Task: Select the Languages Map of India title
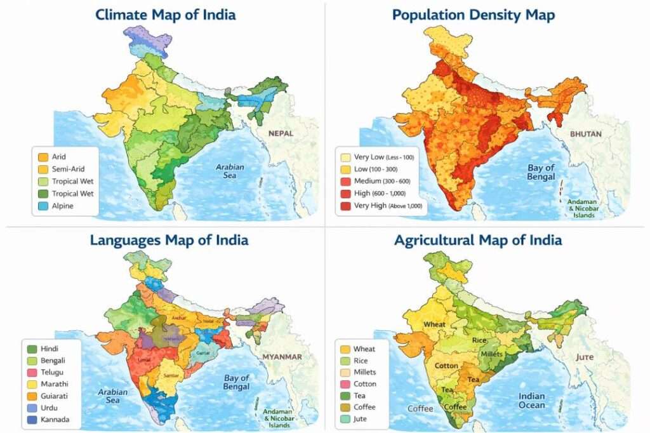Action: (x=169, y=240)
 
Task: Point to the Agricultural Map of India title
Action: (x=478, y=240)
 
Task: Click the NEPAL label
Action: (x=281, y=133)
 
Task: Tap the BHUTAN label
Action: (x=586, y=134)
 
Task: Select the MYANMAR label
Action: (x=282, y=356)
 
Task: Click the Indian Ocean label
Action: (x=532, y=401)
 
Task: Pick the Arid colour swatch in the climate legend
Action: (x=43, y=157)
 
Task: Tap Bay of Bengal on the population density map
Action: (x=541, y=172)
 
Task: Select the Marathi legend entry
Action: (x=54, y=384)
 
